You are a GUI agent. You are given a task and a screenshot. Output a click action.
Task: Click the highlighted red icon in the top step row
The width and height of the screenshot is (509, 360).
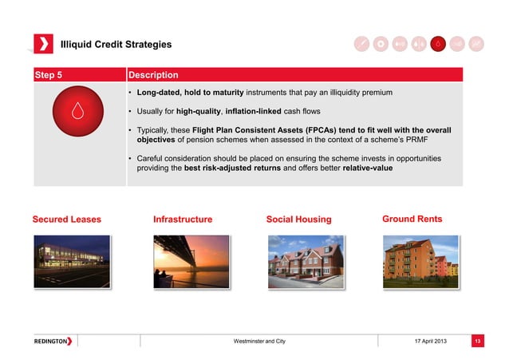click(437, 43)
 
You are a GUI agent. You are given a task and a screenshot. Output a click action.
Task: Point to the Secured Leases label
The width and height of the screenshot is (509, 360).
click(66, 219)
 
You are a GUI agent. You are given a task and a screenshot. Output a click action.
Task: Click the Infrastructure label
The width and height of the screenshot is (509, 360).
click(183, 219)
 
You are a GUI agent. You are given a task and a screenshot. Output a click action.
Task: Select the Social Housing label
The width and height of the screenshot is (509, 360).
click(299, 220)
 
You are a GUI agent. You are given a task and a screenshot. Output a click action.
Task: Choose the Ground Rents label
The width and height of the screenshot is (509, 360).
click(412, 219)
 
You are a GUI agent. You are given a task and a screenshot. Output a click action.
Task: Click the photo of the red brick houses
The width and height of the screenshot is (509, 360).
click(306, 260)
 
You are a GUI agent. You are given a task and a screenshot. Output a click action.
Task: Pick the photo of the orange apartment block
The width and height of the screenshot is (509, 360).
click(420, 260)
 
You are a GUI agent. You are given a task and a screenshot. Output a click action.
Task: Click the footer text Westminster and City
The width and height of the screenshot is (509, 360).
click(258, 342)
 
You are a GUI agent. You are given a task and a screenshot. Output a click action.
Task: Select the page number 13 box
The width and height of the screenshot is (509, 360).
click(477, 342)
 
